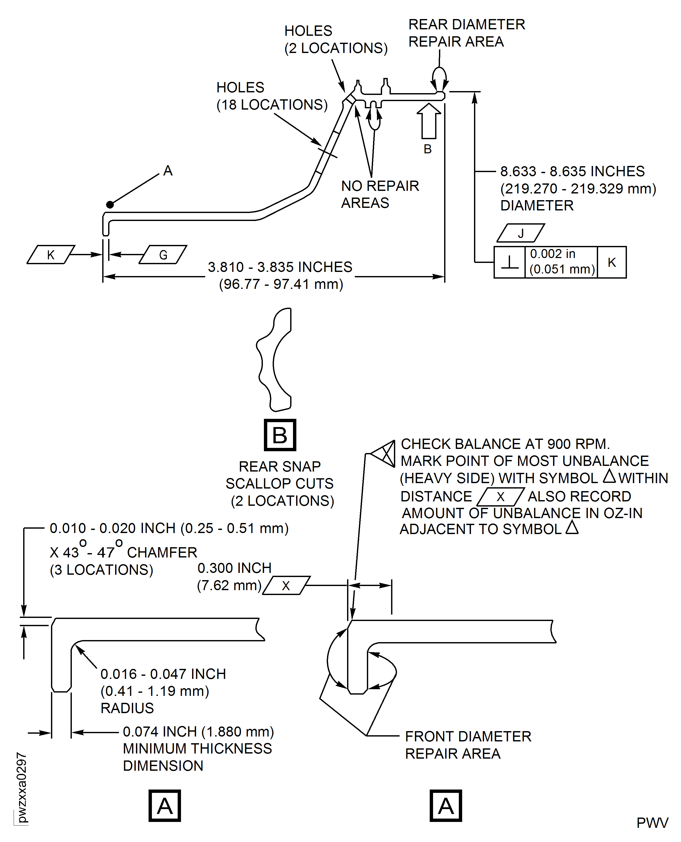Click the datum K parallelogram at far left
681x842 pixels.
point(51,255)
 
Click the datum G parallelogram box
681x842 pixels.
point(163,255)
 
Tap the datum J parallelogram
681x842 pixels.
point(521,233)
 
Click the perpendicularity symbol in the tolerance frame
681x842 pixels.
point(510,262)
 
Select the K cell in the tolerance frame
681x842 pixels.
point(611,262)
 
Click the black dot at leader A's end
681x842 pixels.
point(110,204)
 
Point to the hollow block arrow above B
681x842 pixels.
point(428,121)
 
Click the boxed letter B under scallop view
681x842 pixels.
point(280,435)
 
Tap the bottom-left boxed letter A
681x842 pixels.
point(165,806)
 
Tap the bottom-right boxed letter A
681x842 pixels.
point(446,806)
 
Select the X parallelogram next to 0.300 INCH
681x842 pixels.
point(286,586)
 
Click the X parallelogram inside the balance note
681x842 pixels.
point(501,497)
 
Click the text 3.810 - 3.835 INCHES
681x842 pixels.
point(280,267)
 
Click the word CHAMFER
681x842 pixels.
point(162,552)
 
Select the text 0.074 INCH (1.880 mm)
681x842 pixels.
point(198,731)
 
